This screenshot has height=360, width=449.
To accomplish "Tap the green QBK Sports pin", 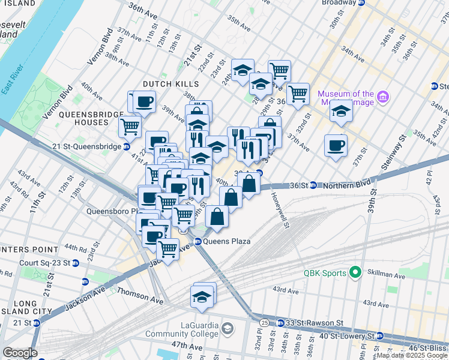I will coord(355,272).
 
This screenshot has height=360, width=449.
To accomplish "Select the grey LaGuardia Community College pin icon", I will coord(228,328).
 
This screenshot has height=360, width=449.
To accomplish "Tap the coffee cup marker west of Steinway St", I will coord(336,145).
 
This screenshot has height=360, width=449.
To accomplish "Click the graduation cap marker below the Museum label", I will coord(340,112).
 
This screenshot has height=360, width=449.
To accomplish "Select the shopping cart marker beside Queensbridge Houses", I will coord(130,127).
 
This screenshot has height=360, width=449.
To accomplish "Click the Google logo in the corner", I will coord(20,353).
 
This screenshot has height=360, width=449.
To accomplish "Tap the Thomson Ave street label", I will coord(139,292).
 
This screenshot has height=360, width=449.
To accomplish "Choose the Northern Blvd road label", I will coord(346,185).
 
